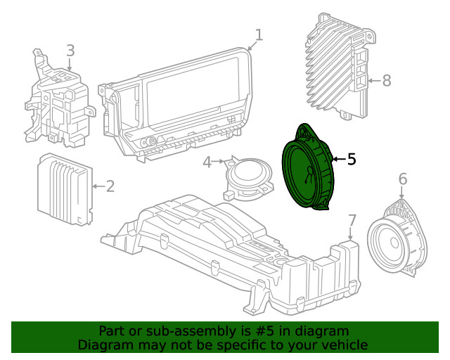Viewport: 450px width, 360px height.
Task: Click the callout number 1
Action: (x=259, y=34)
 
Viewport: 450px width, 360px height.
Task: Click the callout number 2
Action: (x=110, y=186)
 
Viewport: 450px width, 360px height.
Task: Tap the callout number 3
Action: (x=70, y=51)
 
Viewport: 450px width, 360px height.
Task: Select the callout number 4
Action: (x=207, y=163)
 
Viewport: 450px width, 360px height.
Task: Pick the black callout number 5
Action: (x=352, y=160)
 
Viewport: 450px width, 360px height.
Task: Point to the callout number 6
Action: (x=402, y=179)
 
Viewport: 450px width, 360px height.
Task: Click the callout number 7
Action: (x=352, y=221)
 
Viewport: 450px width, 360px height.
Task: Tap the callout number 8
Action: (x=386, y=81)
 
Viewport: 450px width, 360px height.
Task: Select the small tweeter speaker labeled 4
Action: (x=247, y=175)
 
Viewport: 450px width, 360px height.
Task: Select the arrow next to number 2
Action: (x=97, y=186)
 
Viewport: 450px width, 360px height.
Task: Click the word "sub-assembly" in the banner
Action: (x=176, y=331)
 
